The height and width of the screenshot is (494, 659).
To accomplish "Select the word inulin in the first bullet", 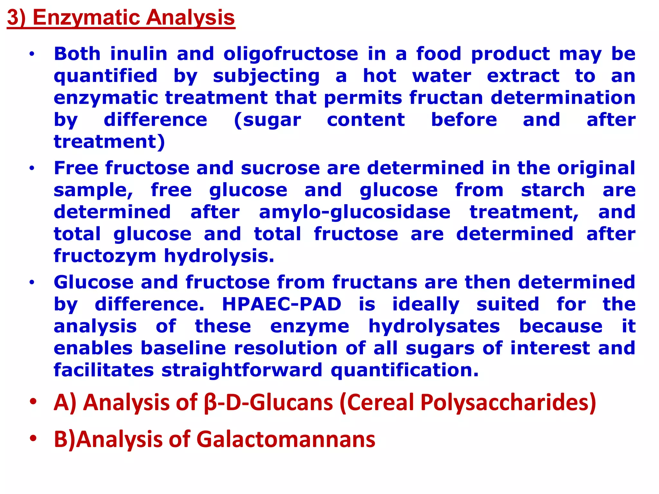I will pyautogui.click(x=139, y=54).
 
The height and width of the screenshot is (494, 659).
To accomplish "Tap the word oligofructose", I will pyautogui.click(x=291, y=54).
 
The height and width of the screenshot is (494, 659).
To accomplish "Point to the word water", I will pyautogui.click(x=441, y=76).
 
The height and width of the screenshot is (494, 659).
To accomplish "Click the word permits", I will pyautogui.click(x=363, y=98).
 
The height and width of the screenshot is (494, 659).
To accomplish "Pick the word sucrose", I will pyautogui.click(x=280, y=168).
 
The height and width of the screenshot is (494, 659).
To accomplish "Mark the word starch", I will pyautogui.click(x=552, y=190).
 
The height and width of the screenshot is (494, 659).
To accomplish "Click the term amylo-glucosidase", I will pyautogui.click(x=355, y=212).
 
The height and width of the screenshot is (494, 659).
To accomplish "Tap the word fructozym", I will pyautogui.click(x=105, y=256).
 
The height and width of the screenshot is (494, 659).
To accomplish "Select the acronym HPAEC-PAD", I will pyautogui.click(x=282, y=304).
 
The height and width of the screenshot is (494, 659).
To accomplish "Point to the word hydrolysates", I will pyautogui.click(x=434, y=326).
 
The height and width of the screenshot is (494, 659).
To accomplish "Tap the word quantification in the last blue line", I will pyautogui.click(x=404, y=370).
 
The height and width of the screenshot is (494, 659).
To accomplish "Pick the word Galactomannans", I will pyautogui.click(x=285, y=439).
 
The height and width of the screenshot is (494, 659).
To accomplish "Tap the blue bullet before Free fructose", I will pyautogui.click(x=32, y=168).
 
